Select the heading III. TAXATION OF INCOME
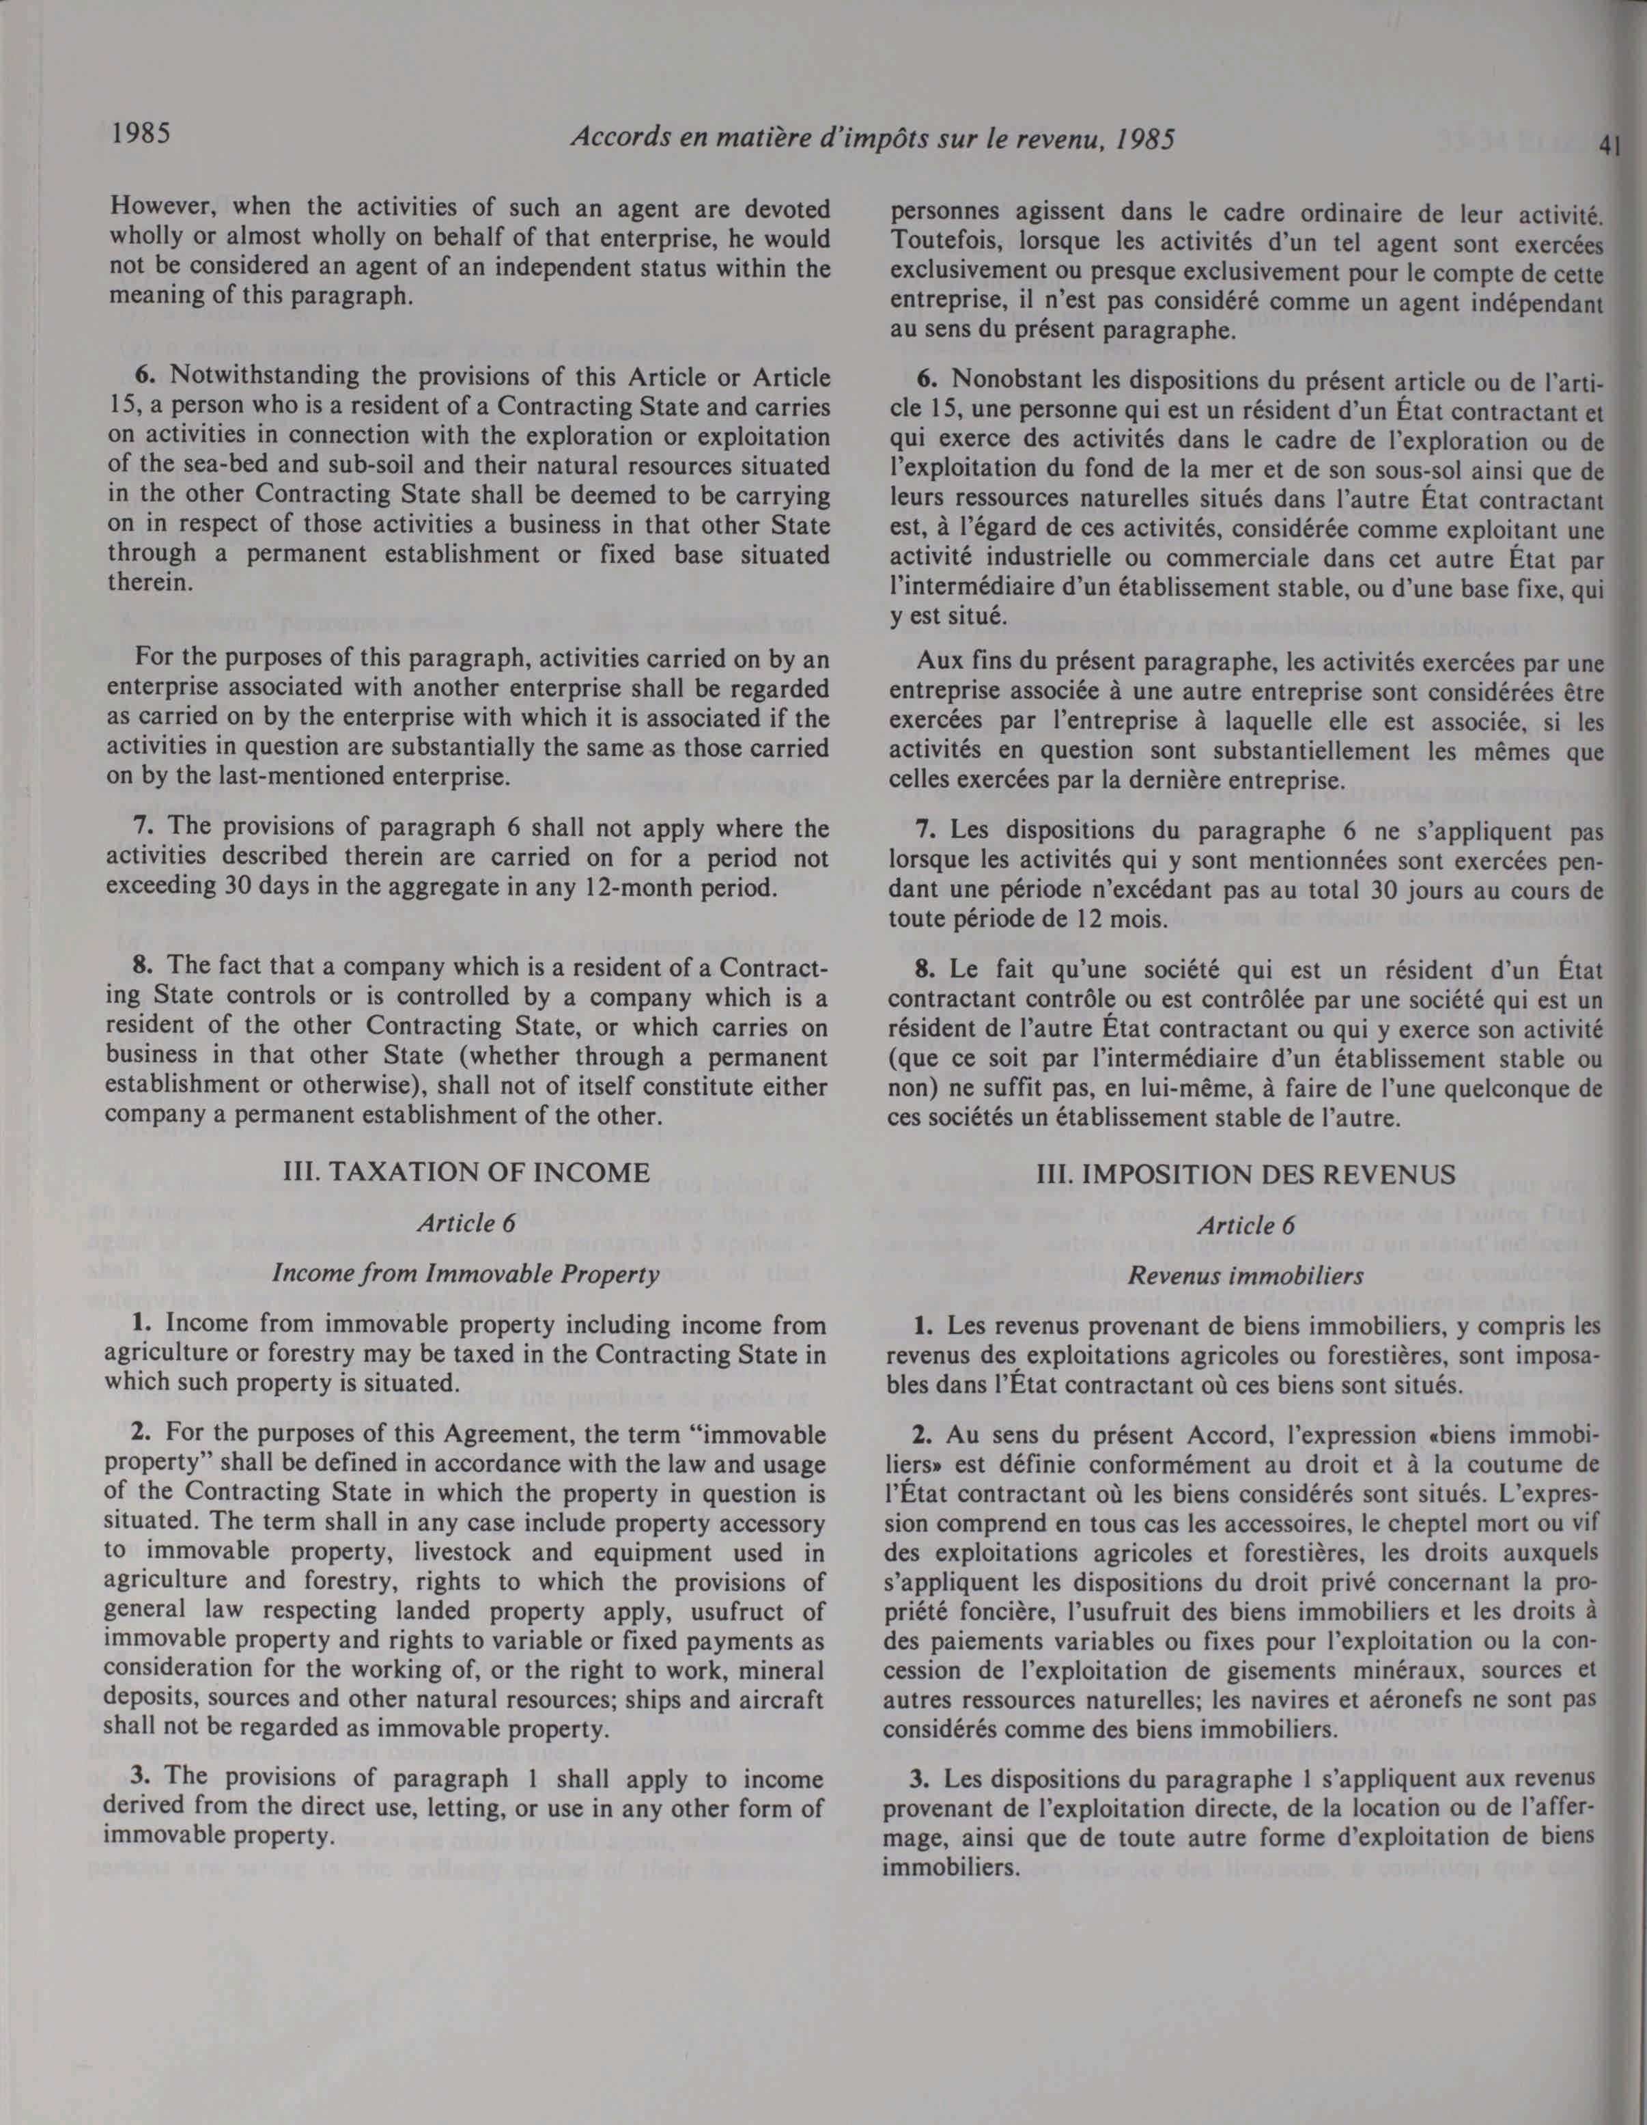click(464, 1172)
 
